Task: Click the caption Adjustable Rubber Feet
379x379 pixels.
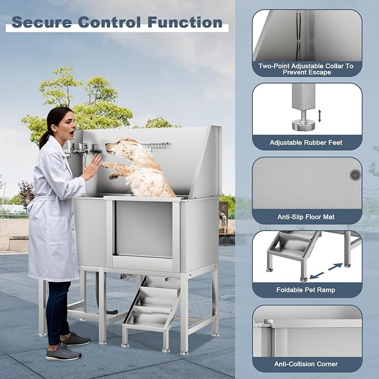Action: (306, 143)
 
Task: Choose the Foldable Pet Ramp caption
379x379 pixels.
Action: (306, 290)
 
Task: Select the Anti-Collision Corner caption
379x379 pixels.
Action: (306, 364)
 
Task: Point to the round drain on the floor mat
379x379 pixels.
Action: (355, 175)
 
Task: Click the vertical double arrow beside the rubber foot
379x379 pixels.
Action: (319, 116)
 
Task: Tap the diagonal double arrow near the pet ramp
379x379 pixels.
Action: (327, 271)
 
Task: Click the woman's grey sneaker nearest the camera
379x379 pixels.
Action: (62, 352)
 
